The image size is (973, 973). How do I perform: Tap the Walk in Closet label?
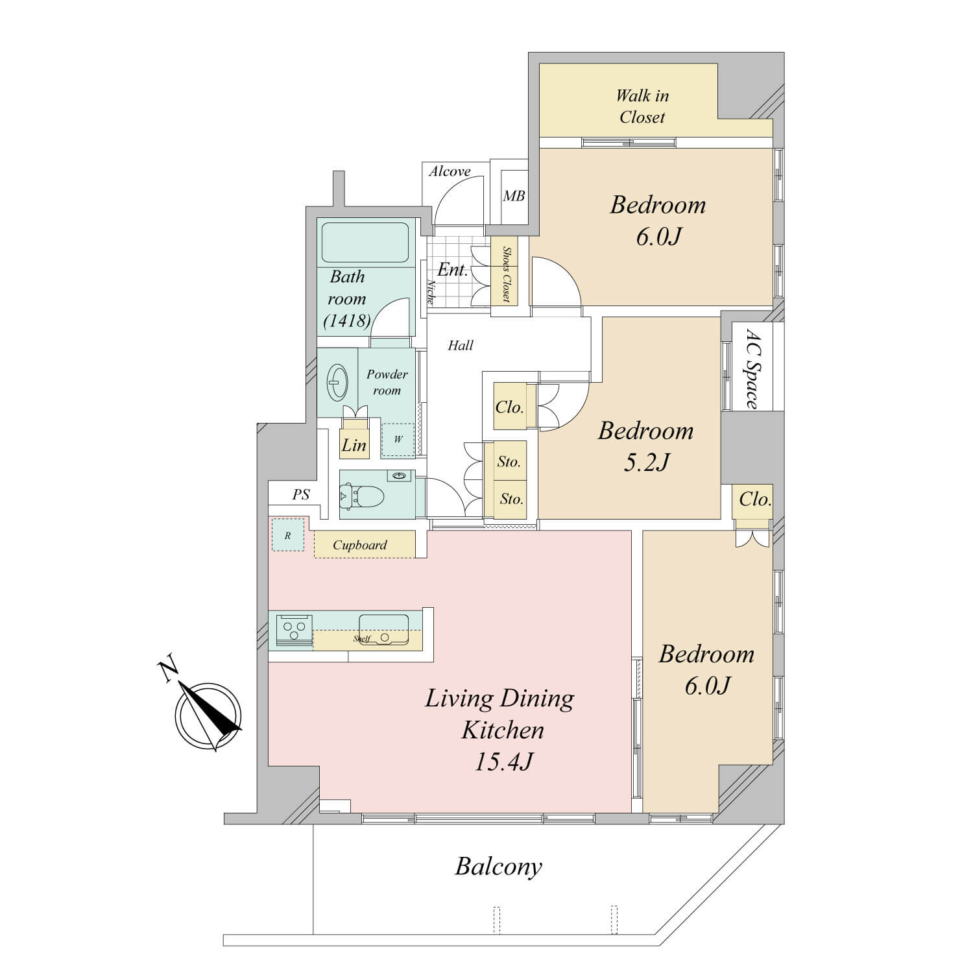(642, 106)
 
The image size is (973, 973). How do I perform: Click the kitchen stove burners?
(294, 630)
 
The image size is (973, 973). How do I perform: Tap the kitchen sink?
(383, 629)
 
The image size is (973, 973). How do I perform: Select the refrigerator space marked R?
(287, 535)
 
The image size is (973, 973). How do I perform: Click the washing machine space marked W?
(398, 440)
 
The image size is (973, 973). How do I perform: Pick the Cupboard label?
(360, 545)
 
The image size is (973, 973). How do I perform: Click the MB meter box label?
(514, 195)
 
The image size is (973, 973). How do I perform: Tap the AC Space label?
(752, 369)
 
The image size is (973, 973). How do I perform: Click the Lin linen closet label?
(354, 445)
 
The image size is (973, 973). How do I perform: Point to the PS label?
(300, 494)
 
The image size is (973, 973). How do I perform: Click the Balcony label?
(498, 867)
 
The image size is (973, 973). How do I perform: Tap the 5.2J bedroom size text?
(645, 462)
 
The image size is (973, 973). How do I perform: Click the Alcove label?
(450, 172)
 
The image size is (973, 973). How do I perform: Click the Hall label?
(461, 345)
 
